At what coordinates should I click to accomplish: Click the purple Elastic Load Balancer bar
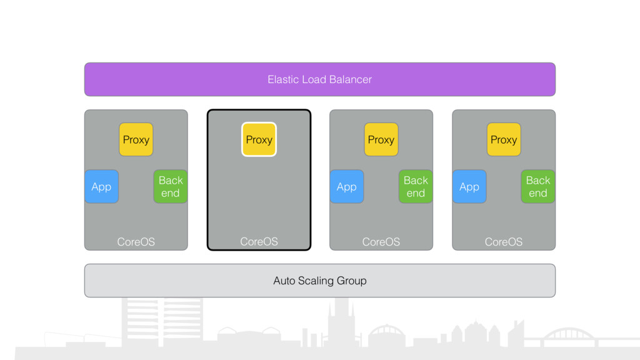click(x=319, y=79)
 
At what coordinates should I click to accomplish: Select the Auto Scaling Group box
click(x=319, y=281)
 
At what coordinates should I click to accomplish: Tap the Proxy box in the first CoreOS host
click(x=136, y=139)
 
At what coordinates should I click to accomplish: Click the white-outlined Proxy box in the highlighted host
click(x=259, y=139)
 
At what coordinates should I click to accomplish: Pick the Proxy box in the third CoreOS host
click(x=381, y=139)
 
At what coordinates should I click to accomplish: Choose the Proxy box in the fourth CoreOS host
click(x=503, y=139)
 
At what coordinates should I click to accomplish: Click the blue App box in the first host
click(x=102, y=186)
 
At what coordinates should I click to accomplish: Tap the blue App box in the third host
click(x=346, y=186)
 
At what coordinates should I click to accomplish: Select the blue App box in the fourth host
click(x=469, y=186)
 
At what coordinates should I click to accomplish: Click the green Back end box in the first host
click(x=171, y=186)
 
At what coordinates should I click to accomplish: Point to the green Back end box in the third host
click(x=416, y=186)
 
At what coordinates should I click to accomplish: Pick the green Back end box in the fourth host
click(x=538, y=186)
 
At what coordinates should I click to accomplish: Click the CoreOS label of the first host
click(x=136, y=242)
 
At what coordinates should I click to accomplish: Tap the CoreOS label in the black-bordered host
click(x=259, y=242)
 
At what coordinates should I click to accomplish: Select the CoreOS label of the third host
click(x=381, y=242)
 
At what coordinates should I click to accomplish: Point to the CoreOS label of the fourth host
click(x=503, y=242)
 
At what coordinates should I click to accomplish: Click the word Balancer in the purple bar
click(x=351, y=79)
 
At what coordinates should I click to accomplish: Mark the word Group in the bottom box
click(x=350, y=281)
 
